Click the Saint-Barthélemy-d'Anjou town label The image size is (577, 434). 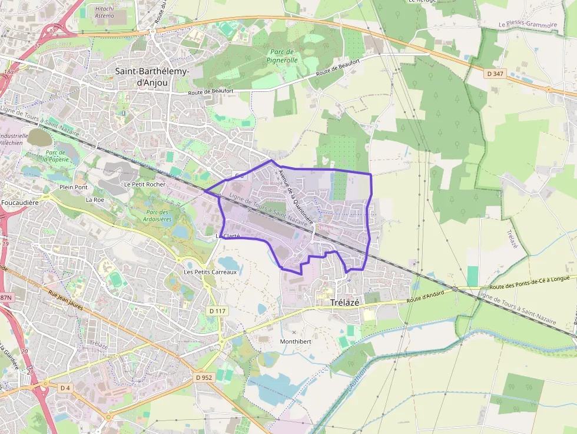[x=152, y=77]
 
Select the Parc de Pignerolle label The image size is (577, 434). [x=282, y=55]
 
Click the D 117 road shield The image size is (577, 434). [x=217, y=310]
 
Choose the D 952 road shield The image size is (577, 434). [x=203, y=377]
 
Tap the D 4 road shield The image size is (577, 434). [x=65, y=387]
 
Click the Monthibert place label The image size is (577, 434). [x=295, y=342]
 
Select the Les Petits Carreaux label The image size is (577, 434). [x=210, y=272]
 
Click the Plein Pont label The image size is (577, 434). [x=73, y=187]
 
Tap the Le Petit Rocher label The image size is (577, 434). [x=145, y=184]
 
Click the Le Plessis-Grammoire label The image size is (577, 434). [x=527, y=25]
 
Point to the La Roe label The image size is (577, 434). [x=95, y=200]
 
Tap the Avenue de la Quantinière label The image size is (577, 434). [x=295, y=194]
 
